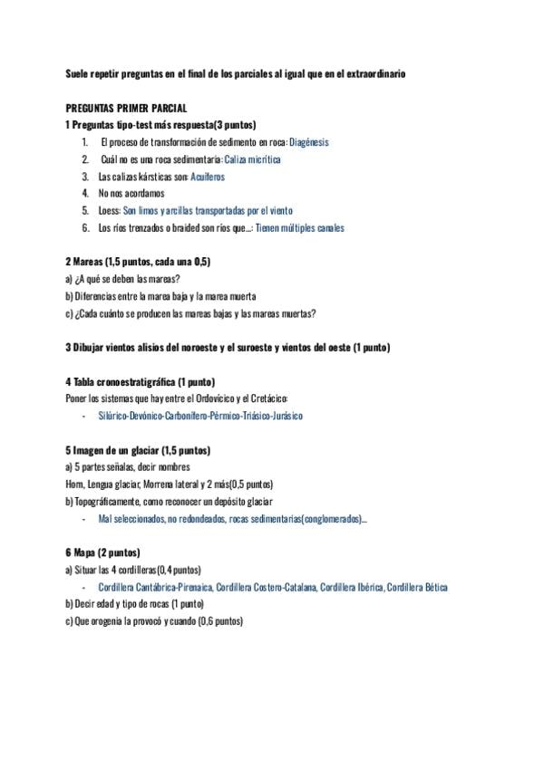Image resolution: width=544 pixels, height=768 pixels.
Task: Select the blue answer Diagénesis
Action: point(308,142)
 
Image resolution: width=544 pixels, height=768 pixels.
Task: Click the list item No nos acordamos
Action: point(131,194)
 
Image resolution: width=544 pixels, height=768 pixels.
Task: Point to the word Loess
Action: point(110,211)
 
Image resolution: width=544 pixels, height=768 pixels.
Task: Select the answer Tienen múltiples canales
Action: point(299,228)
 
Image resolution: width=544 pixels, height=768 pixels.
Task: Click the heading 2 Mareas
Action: point(138,262)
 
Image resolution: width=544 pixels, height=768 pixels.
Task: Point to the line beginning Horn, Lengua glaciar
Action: point(169,485)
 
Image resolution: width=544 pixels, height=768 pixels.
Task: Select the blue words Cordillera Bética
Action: point(416,587)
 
